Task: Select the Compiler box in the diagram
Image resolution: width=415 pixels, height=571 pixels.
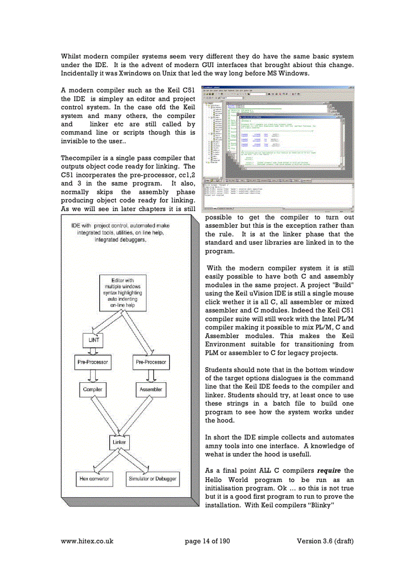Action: point(93,389)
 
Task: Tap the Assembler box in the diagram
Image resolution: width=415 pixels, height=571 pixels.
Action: point(151,389)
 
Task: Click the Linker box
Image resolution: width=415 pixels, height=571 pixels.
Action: point(119,442)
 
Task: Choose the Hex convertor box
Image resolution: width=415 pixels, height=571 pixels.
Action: point(94,479)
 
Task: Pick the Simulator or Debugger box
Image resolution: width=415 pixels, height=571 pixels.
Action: point(153,479)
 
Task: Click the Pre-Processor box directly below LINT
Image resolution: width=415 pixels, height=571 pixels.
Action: point(93,363)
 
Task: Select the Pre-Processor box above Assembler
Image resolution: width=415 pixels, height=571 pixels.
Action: point(151,363)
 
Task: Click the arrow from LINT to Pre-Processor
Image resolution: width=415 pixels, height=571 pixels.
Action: point(93,351)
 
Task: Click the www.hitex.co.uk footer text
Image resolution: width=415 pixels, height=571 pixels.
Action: point(86,541)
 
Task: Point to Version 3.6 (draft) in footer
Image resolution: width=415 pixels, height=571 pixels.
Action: point(325,541)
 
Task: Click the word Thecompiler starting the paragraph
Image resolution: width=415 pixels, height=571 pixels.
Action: point(81,158)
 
